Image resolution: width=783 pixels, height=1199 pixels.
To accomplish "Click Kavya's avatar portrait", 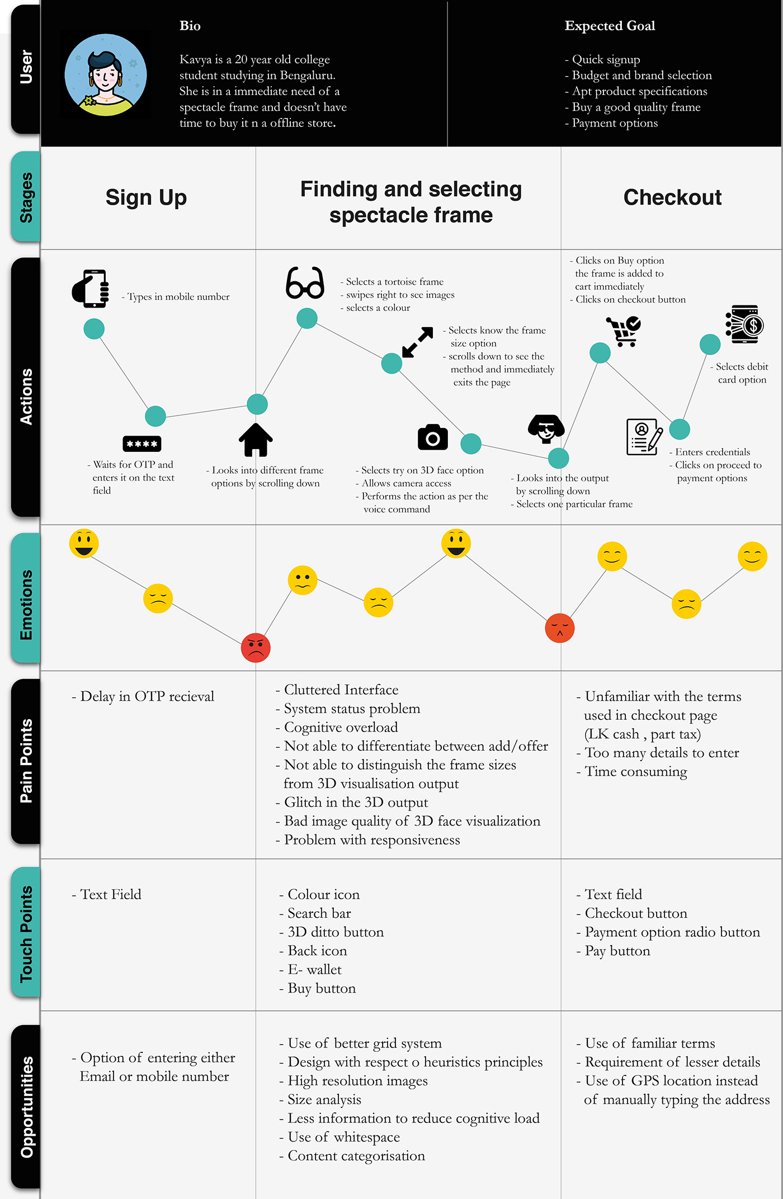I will tap(106, 74).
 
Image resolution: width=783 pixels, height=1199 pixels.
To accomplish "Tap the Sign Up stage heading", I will tap(146, 197).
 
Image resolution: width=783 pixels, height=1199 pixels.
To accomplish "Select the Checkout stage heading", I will tap(672, 197).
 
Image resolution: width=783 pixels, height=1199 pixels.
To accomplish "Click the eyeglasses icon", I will tap(305, 283).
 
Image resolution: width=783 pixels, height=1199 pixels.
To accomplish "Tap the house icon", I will tap(256, 440).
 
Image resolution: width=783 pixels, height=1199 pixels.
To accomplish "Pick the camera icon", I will tap(432, 437).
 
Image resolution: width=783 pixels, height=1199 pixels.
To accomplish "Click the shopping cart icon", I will tap(623, 331).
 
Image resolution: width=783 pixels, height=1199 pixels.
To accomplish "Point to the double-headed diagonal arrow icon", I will tap(418, 342).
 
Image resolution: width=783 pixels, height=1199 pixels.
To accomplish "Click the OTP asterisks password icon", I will tap(142, 443).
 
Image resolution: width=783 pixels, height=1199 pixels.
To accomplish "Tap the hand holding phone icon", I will tap(91, 289).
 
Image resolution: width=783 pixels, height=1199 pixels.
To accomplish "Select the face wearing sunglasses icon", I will tap(545, 428).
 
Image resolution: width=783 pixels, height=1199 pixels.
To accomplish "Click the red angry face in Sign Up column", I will tap(256, 648).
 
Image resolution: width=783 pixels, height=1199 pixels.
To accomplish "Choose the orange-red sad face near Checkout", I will tap(559, 628).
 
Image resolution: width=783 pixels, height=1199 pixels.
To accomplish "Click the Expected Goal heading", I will tap(610, 26).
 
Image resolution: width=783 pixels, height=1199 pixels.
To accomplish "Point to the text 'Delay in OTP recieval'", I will tap(147, 696).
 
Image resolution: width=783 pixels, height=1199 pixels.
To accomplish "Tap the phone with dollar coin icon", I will tap(743, 324).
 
